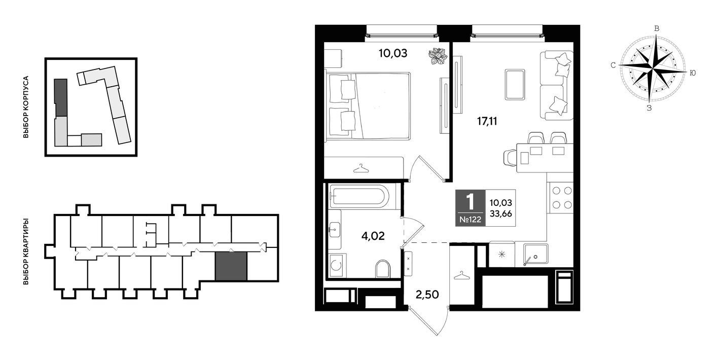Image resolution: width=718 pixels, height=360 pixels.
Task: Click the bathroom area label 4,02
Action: [x=373, y=236]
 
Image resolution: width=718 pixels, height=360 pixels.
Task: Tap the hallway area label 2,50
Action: [x=427, y=295]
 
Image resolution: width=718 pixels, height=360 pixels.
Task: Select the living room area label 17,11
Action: [x=487, y=121]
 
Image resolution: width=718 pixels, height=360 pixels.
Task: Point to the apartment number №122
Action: [x=470, y=220]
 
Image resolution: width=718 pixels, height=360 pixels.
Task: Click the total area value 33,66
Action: [x=500, y=214]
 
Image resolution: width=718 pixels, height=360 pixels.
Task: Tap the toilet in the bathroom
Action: [x=383, y=268]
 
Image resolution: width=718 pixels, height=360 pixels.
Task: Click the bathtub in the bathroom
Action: [x=360, y=196]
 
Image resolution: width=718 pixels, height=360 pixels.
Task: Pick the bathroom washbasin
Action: [x=335, y=230]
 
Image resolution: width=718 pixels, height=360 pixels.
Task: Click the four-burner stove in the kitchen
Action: [x=562, y=198]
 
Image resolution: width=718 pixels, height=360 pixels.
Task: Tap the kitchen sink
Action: [x=535, y=254]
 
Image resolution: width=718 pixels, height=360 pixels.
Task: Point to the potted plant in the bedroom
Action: [x=438, y=56]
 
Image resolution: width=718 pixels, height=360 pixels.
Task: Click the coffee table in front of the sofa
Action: [x=515, y=84]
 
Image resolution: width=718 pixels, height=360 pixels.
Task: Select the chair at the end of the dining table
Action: [x=510, y=158]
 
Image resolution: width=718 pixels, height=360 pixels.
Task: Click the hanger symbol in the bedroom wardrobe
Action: [x=361, y=168]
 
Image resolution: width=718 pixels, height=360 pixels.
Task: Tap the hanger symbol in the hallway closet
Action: [x=461, y=275]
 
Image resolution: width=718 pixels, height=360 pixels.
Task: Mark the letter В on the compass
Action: [x=657, y=29]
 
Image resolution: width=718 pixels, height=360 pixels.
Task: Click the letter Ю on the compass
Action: [x=692, y=73]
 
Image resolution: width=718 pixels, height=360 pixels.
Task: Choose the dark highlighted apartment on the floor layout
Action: [x=231, y=266]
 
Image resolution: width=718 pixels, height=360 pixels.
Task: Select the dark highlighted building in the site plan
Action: [x=61, y=97]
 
